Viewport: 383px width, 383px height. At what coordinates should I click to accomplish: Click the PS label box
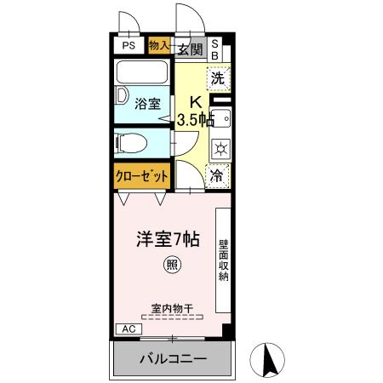(x=129, y=47)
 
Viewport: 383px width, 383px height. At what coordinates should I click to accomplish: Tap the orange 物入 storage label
(x=159, y=46)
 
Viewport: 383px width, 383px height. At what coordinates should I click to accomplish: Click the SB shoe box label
(x=215, y=48)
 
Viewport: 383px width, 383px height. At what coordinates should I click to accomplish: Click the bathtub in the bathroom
(x=143, y=72)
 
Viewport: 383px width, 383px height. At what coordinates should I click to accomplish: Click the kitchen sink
(x=220, y=118)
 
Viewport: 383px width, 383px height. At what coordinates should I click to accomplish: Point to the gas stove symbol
(x=219, y=147)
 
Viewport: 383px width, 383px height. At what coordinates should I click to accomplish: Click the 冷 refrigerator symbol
(x=218, y=176)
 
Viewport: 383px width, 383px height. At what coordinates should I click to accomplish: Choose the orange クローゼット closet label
(x=142, y=176)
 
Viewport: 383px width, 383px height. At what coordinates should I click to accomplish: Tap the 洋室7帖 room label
(x=170, y=240)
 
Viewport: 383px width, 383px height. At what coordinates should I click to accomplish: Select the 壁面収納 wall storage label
(x=223, y=259)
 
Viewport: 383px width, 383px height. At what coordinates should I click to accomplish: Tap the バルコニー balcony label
(x=174, y=359)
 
